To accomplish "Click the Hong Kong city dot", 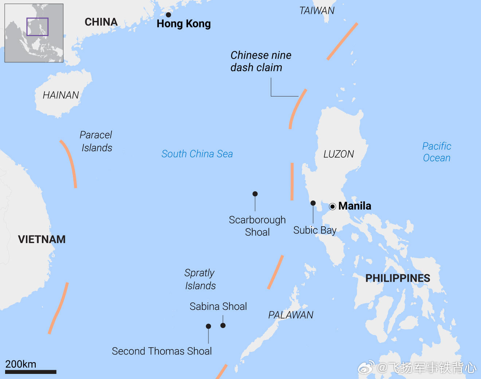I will pos(168,15).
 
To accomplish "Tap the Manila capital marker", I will pos(332,207).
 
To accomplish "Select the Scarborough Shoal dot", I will pos(255,194).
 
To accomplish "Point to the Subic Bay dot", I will pos(313,203).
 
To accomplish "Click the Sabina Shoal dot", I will pos(223,325).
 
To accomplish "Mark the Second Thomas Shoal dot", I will pos(208,326).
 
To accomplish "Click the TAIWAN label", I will pos(317,11).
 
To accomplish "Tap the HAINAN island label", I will pos(61,95).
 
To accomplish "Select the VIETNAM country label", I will pos(42,239).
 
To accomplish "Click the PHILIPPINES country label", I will pos(398,278).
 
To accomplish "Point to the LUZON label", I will pos(339,154).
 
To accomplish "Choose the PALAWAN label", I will pos(291,315).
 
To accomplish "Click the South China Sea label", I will pos(197,154).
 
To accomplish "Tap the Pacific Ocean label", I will pos(437,152).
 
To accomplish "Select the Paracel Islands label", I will pos(96,141).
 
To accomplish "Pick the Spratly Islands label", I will pos(200,279).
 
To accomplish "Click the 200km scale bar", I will pos(31,372).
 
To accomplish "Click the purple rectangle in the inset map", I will pos(37,27).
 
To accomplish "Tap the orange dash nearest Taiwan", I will pos(342,41).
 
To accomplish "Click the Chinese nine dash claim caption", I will pos(261,61).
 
